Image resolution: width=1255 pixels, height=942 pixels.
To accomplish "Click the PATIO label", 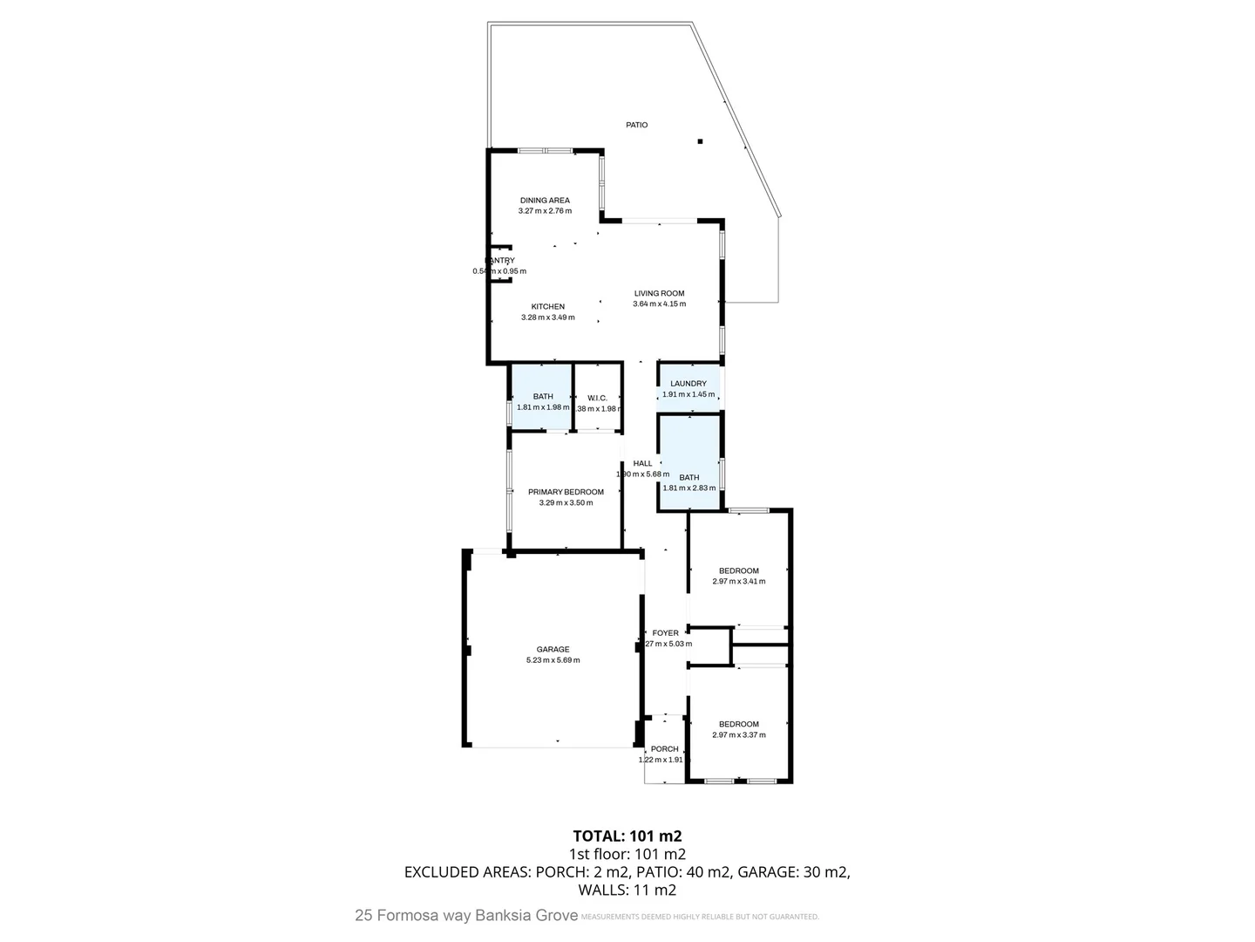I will (636, 125).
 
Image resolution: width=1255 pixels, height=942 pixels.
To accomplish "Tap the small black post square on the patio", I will (700, 141).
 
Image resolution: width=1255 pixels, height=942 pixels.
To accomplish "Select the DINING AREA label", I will (545, 201).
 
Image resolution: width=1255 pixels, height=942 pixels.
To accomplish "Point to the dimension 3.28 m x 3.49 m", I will (547, 317).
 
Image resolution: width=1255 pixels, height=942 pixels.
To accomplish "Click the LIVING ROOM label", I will (659, 294).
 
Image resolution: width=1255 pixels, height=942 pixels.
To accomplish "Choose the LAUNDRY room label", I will (689, 384).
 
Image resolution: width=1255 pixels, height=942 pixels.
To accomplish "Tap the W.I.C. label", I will (597, 399).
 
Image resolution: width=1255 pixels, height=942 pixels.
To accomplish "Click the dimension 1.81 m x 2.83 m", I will (689, 488).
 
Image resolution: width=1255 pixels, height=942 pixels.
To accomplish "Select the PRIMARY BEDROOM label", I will (566, 492).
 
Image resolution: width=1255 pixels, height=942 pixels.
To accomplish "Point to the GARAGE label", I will (553, 650).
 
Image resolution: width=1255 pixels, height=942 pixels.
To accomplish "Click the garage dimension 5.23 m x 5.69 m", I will (553, 660).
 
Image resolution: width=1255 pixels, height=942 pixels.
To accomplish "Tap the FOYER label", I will (665, 633).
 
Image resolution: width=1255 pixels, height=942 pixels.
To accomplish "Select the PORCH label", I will (664, 749).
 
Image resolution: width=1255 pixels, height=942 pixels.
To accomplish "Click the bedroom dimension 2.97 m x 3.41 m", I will (738, 582).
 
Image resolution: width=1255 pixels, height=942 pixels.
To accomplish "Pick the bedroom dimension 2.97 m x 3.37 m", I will (738, 735).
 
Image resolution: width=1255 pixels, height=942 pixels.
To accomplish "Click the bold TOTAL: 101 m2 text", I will (627, 836).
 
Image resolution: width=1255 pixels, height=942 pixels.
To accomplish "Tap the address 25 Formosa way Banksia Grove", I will (466, 916).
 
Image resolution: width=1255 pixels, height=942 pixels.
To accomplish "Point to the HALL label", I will (642, 464).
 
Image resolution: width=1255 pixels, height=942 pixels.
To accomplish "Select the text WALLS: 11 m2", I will (627, 891).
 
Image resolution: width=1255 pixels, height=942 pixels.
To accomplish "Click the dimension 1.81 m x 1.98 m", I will (543, 407).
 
